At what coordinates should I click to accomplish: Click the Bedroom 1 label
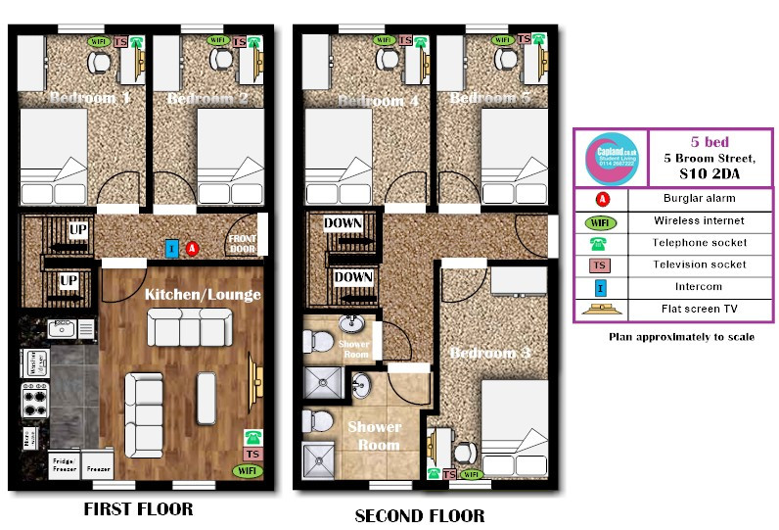coord(90,98)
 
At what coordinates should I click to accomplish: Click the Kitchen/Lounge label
coord(203,294)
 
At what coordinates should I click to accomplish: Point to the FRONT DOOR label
coord(241,243)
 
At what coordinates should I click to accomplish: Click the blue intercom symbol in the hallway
coord(172,250)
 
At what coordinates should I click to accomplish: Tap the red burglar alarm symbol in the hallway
coord(193,250)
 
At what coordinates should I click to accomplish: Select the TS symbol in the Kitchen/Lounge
coord(253,455)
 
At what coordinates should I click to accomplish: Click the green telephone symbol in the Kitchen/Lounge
coord(253,437)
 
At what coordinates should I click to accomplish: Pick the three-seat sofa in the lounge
coord(189,327)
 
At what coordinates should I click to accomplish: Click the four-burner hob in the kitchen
coord(35,401)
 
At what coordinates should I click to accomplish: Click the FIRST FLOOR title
coord(138,508)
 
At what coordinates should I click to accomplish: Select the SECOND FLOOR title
coord(419,515)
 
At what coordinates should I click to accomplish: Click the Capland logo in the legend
coord(611,158)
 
